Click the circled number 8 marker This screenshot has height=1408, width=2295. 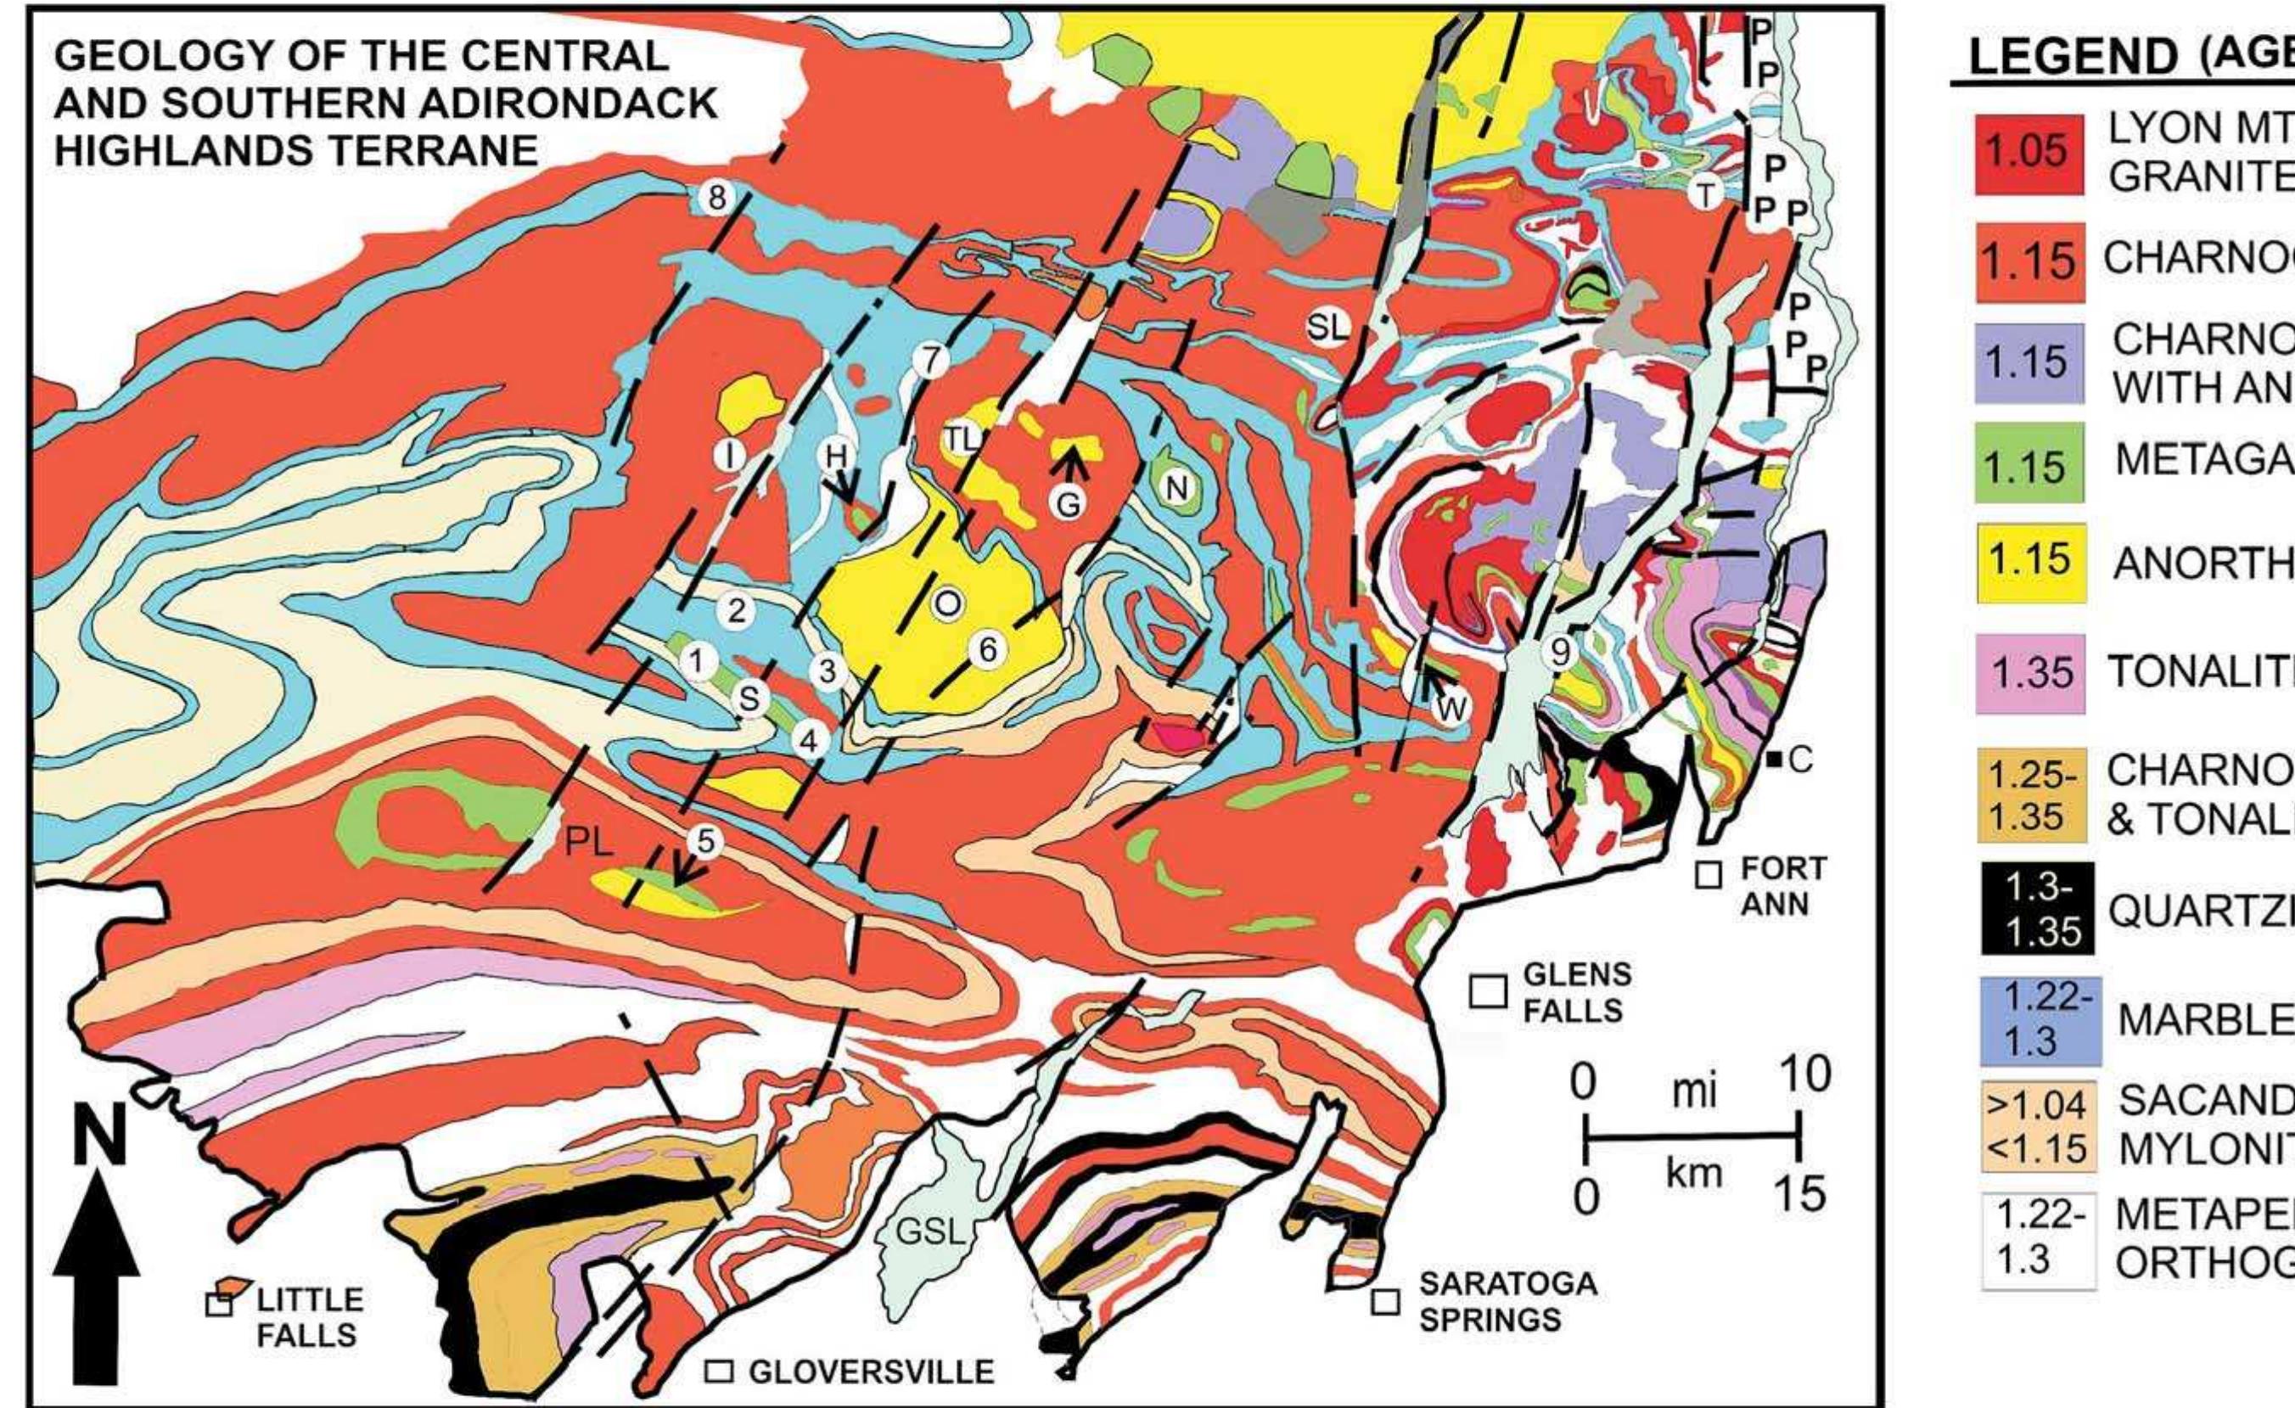pyautogui.click(x=716, y=197)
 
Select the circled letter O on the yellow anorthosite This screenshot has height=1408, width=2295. pyautogui.click(x=946, y=603)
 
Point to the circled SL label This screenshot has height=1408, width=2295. pyautogui.click(x=1327, y=326)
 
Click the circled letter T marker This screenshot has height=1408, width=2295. pyautogui.click(x=1706, y=194)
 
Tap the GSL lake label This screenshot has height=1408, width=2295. pyautogui.click(x=930, y=1233)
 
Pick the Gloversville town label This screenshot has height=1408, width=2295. pyautogui.click(x=871, y=1372)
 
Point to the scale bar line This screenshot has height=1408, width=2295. pyautogui.click(x=1692, y=1162)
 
